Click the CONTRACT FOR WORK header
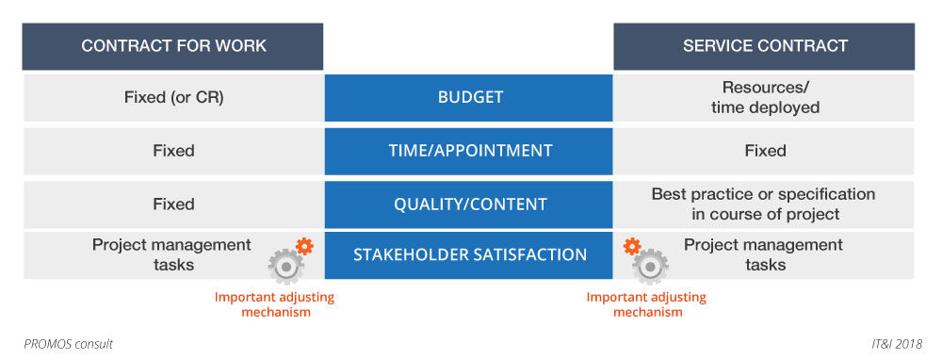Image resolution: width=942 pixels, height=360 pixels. [x=173, y=46]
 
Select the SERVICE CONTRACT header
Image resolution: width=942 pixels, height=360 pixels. [x=764, y=46]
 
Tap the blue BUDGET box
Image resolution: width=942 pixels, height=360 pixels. [x=468, y=98]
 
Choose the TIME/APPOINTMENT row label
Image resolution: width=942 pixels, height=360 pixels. [x=468, y=151]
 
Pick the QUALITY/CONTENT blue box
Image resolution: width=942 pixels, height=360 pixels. [x=468, y=205]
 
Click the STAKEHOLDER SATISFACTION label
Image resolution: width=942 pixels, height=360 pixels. [x=468, y=254]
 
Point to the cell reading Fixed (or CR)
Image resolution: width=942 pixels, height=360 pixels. [x=173, y=98]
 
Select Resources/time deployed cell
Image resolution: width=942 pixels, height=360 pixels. [x=765, y=97]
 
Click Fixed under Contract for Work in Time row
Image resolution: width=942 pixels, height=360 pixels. [x=173, y=150]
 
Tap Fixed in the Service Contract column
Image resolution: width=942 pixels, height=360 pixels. [x=765, y=150]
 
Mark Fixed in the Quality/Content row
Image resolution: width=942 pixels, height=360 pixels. [x=173, y=204]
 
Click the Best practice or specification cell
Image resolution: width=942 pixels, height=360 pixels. [x=764, y=205]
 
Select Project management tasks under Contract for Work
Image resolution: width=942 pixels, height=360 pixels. [x=171, y=254]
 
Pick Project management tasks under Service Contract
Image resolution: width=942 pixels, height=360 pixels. [x=764, y=254]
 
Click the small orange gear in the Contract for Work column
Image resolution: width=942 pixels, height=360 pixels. [x=304, y=246]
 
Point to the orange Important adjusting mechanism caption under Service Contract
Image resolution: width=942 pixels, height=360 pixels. [x=646, y=304]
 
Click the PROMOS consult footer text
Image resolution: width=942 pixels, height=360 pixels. [x=68, y=344]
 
